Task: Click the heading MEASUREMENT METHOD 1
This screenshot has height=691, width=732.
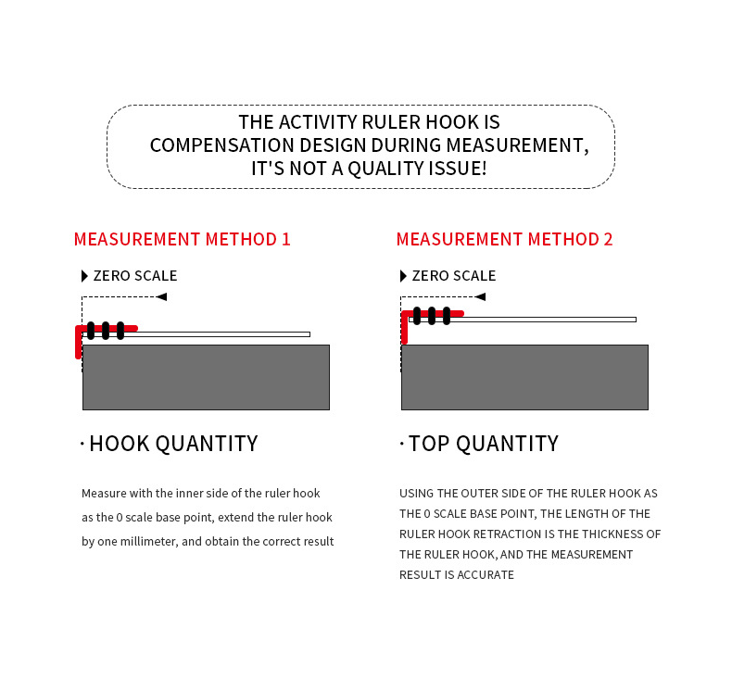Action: (182, 239)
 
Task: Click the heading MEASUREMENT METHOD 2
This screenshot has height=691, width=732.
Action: (504, 239)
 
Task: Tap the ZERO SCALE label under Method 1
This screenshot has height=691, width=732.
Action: (134, 276)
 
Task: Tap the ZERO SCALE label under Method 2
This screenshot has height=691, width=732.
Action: (453, 276)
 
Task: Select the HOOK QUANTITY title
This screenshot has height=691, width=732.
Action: (172, 444)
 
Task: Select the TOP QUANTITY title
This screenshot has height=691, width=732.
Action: (483, 444)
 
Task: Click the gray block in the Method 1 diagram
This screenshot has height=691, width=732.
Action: (206, 377)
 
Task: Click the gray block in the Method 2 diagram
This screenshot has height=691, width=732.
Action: (524, 377)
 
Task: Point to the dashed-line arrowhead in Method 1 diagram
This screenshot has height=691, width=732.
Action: (161, 296)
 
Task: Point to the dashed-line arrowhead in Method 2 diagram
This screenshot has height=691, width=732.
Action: (479, 296)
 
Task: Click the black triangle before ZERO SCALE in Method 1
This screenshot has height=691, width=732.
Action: (84, 276)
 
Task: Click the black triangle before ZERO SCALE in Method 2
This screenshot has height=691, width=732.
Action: (403, 276)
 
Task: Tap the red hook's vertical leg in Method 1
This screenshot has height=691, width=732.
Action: (79, 345)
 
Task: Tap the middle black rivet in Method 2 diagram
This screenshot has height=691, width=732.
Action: (432, 315)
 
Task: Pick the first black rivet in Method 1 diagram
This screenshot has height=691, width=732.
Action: (91, 331)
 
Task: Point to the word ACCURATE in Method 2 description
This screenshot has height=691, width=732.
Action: (486, 575)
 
